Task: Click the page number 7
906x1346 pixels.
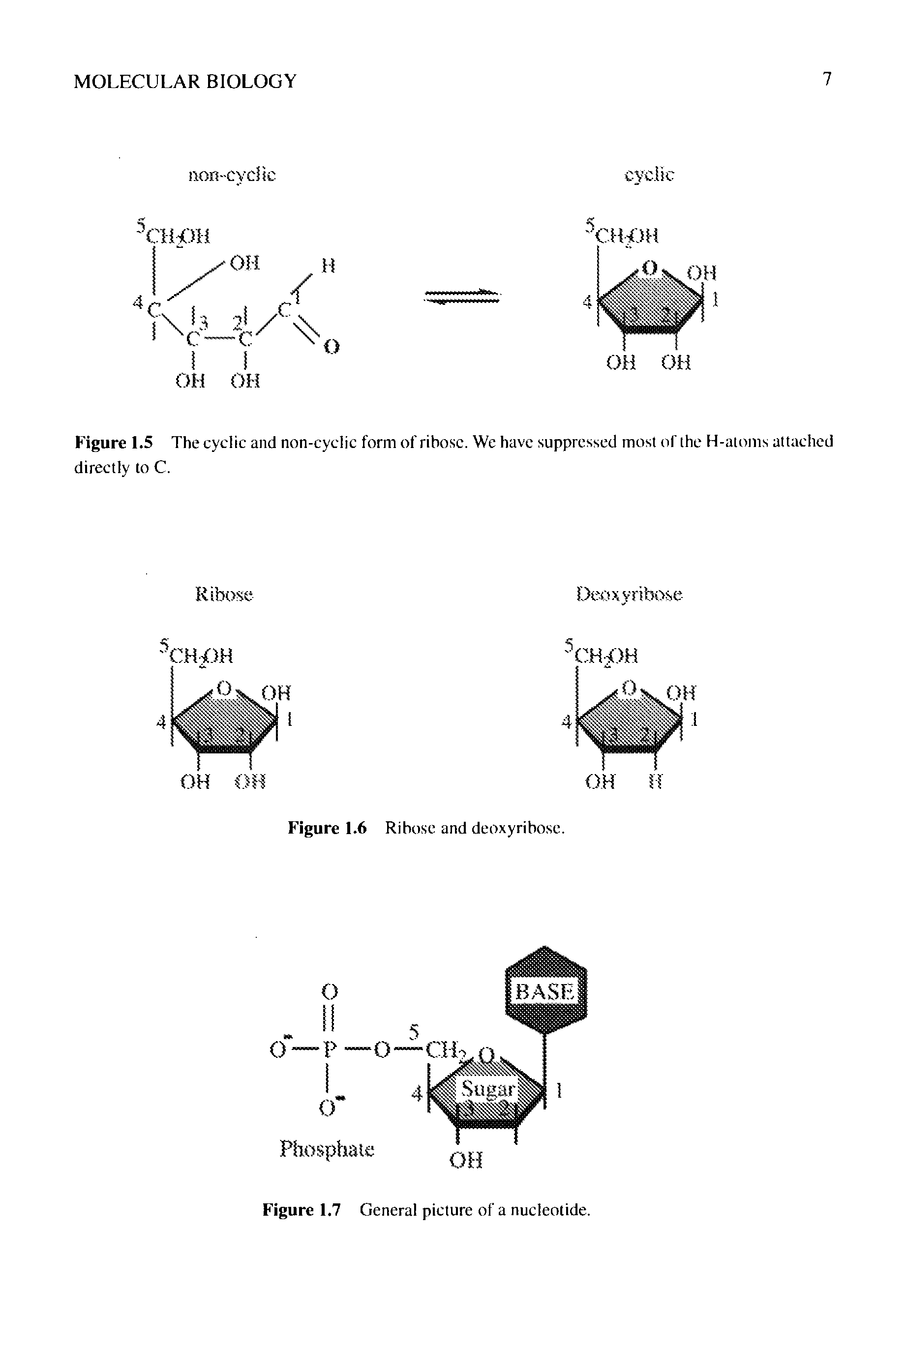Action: (x=827, y=79)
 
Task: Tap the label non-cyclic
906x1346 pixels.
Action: (x=232, y=175)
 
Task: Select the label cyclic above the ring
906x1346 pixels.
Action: (x=649, y=175)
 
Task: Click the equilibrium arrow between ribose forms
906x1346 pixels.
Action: (x=462, y=297)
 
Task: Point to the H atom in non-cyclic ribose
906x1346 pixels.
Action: (x=328, y=266)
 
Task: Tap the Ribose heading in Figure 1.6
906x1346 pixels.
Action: (x=224, y=595)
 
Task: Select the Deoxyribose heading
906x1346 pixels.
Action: (x=630, y=595)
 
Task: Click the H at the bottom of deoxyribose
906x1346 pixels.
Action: (x=655, y=782)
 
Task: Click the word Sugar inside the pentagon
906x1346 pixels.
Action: (x=487, y=1089)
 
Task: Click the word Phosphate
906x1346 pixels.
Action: (x=327, y=1148)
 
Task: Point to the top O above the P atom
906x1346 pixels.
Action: (x=328, y=991)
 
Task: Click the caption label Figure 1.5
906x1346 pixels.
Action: (x=114, y=443)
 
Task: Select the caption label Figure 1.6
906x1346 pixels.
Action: (x=327, y=828)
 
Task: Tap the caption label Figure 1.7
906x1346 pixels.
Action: (x=302, y=1210)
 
